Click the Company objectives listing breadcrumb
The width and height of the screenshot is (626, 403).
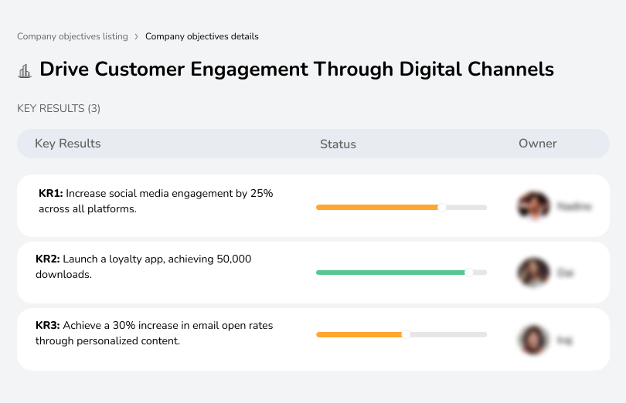pyautogui.click(x=73, y=36)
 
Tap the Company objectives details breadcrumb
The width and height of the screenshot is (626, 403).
pyautogui.click(x=202, y=36)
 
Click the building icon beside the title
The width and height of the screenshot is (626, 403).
pyautogui.click(x=25, y=70)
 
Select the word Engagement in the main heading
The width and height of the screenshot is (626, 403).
pyautogui.click(x=248, y=69)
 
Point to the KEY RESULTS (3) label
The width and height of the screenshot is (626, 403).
pyautogui.click(x=59, y=109)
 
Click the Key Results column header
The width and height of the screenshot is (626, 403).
pyautogui.click(x=68, y=144)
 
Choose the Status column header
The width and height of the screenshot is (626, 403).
pyautogui.click(x=338, y=144)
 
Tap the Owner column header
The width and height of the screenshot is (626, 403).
pyautogui.click(x=538, y=144)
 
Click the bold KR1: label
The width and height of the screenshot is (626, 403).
pyautogui.click(x=50, y=194)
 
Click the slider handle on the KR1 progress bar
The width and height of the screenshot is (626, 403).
pyautogui.click(x=442, y=207)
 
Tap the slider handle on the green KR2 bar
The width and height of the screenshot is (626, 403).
pyautogui.click(x=468, y=273)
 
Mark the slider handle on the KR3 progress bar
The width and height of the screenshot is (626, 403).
pyautogui.click(x=406, y=334)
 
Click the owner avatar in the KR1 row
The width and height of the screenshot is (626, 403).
pyautogui.click(x=533, y=206)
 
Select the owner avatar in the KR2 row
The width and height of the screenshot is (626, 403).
pyautogui.click(x=533, y=273)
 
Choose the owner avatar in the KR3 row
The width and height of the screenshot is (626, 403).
pyautogui.click(x=533, y=339)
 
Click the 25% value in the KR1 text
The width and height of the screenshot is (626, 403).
pyautogui.click(x=262, y=194)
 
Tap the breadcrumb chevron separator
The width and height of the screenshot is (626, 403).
pyautogui.click(x=137, y=36)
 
